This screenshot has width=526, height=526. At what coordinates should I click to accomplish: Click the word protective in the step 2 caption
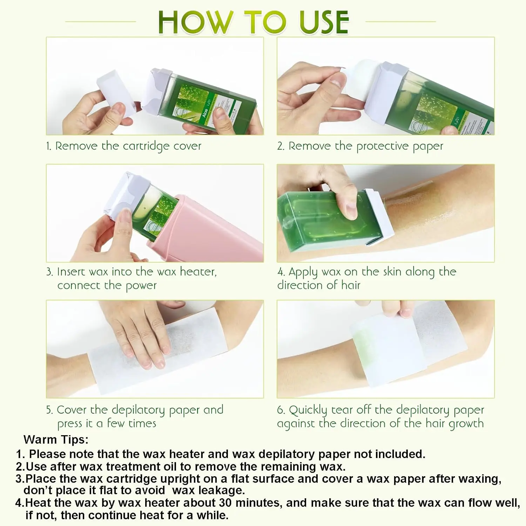(x=382, y=146)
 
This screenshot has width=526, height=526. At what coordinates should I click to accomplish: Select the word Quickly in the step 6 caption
(x=308, y=410)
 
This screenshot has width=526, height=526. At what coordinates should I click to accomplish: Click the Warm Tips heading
(x=56, y=439)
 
